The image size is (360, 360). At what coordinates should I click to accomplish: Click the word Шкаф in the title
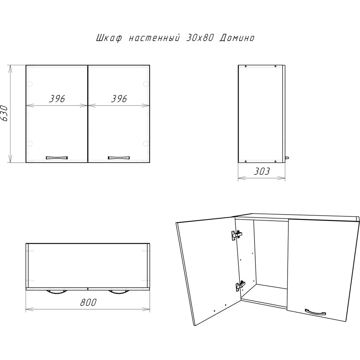109,38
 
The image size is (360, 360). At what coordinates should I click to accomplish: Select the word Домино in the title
237,38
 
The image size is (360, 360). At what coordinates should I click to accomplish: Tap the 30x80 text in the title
199,38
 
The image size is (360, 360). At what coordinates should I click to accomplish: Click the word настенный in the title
154,37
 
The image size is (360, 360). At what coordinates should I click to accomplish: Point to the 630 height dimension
4,113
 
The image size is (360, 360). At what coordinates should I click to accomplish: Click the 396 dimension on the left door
57,99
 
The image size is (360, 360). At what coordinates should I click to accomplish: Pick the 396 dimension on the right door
119,99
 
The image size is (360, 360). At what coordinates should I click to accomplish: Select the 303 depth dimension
262,171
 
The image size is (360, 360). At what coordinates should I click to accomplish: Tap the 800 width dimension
88,302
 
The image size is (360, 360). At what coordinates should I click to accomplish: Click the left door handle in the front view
57,158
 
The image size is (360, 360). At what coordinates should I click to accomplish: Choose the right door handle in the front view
119,158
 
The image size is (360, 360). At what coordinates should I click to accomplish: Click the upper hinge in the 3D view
237,235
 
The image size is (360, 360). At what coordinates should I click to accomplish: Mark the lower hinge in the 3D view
240,286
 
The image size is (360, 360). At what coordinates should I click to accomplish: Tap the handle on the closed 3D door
315,312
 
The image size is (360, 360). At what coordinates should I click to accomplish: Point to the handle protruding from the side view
287,158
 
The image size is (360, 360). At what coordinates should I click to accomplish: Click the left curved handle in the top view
57,292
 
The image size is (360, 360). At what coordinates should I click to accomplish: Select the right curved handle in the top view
119,292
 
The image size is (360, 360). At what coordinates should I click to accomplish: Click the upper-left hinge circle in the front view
30,84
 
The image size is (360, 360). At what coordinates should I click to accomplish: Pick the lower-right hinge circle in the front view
146,144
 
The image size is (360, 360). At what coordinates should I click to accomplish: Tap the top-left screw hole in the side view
246,66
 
